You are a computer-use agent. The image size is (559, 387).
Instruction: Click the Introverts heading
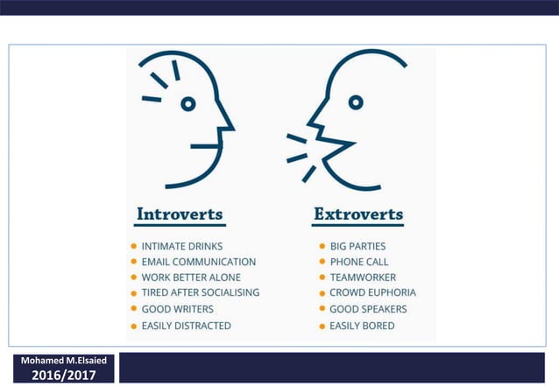(x=180, y=215)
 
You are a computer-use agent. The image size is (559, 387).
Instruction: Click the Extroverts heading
(x=358, y=215)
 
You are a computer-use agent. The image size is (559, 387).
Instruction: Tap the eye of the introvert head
(x=188, y=104)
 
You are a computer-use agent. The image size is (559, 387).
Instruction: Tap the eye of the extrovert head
(x=356, y=102)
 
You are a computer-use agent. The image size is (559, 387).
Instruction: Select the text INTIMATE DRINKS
(x=182, y=247)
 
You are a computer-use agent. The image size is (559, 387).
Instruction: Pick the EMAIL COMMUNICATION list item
(x=199, y=262)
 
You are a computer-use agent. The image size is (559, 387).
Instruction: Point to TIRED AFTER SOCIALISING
(x=201, y=292)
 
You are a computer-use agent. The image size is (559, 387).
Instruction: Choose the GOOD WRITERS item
(x=178, y=309)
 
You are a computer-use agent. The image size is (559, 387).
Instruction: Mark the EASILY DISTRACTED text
(x=187, y=326)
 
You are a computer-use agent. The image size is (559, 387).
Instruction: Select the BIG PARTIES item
(x=357, y=247)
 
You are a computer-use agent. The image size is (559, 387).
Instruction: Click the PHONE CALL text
(x=359, y=262)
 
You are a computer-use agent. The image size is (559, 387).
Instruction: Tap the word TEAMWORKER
(x=363, y=278)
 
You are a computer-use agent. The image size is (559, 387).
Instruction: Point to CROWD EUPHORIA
(x=373, y=292)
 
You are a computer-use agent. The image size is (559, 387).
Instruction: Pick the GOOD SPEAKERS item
(x=368, y=309)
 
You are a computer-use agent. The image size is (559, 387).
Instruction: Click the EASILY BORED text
(x=362, y=326)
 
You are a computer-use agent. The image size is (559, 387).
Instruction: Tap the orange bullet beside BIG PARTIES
(x=322, y=247)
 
